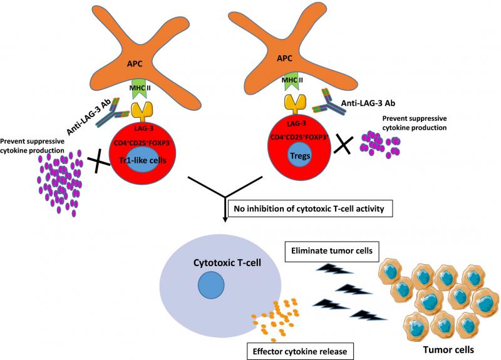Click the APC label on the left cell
(135, 64)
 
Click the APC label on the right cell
(284, 58)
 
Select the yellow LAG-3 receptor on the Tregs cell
(295, 104)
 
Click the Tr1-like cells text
(143, 160)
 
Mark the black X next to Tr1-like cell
(98, 162)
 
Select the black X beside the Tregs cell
(343, 145)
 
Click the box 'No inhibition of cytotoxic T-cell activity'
(310, 208)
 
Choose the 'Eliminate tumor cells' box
(332, 251)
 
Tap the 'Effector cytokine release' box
(300, 351)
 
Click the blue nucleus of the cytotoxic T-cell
(211, 285)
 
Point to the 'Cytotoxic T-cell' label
(227, 262)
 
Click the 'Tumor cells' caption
(448, 350)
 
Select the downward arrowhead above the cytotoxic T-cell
(225, 220)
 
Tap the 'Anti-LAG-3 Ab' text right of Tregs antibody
(368, 103)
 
